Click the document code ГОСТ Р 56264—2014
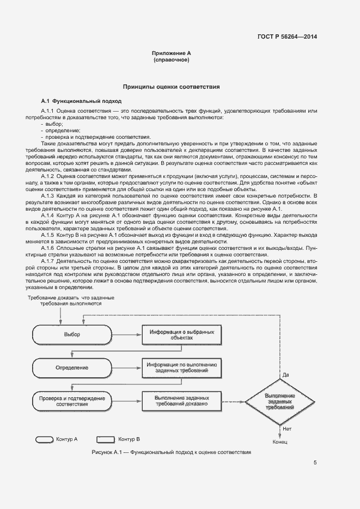click(x=286, y=37)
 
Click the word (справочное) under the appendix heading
click(x=171, y=60)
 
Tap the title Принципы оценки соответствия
click(x=171, y=87)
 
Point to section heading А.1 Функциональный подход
click(x=82, y=101)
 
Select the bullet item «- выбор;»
click(x=52, y=124)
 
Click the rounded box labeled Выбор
click(x=72, y=334)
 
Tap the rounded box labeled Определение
click(x=72, y=367)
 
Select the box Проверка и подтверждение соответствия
click(x=72, y=401)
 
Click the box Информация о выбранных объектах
click(x=182, y=334)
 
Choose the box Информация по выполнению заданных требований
click(x=182, y=367)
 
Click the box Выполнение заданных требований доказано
click(x=182, y=401)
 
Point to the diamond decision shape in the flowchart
click(x=280, y=402)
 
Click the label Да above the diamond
click(x=285, y=375)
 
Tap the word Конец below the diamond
click(x=280, y=441)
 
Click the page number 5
click(x=315, y=463)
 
